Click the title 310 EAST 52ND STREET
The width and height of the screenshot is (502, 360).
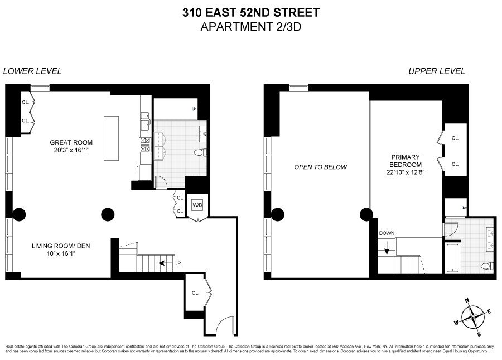tap(251, 12)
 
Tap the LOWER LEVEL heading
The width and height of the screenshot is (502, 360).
tap(32, 71)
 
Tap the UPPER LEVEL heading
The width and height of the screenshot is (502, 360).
tap(437, 71)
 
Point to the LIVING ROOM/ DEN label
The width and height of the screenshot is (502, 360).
tap(61, 246)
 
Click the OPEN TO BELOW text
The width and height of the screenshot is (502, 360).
tap(321, 167)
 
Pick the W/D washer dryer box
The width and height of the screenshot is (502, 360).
tap(197, 205)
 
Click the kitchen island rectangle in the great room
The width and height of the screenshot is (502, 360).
tap(111, 137)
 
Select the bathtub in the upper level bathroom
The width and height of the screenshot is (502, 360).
tap(452, 258)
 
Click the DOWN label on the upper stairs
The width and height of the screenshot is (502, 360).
tap(387, 234)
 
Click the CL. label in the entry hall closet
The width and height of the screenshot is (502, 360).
tap(196, 292)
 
